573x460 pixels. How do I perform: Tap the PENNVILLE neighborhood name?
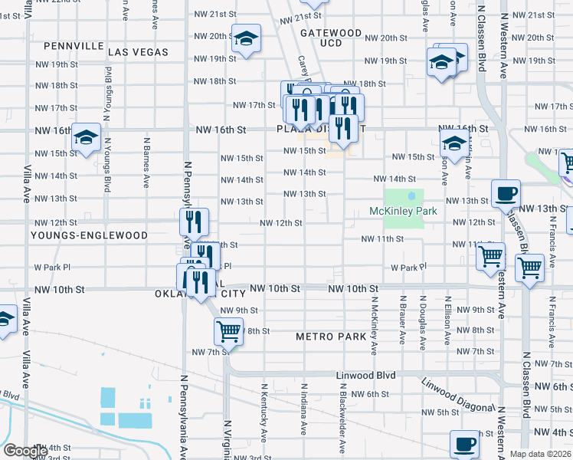point(74,46)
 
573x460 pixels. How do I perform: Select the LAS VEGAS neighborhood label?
point(138,51)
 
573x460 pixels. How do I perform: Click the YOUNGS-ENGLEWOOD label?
point(89,235)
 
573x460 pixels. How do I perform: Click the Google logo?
point(25,451)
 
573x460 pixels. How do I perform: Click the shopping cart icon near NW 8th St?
point(228,332)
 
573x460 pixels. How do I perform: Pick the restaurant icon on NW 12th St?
point(194,222)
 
